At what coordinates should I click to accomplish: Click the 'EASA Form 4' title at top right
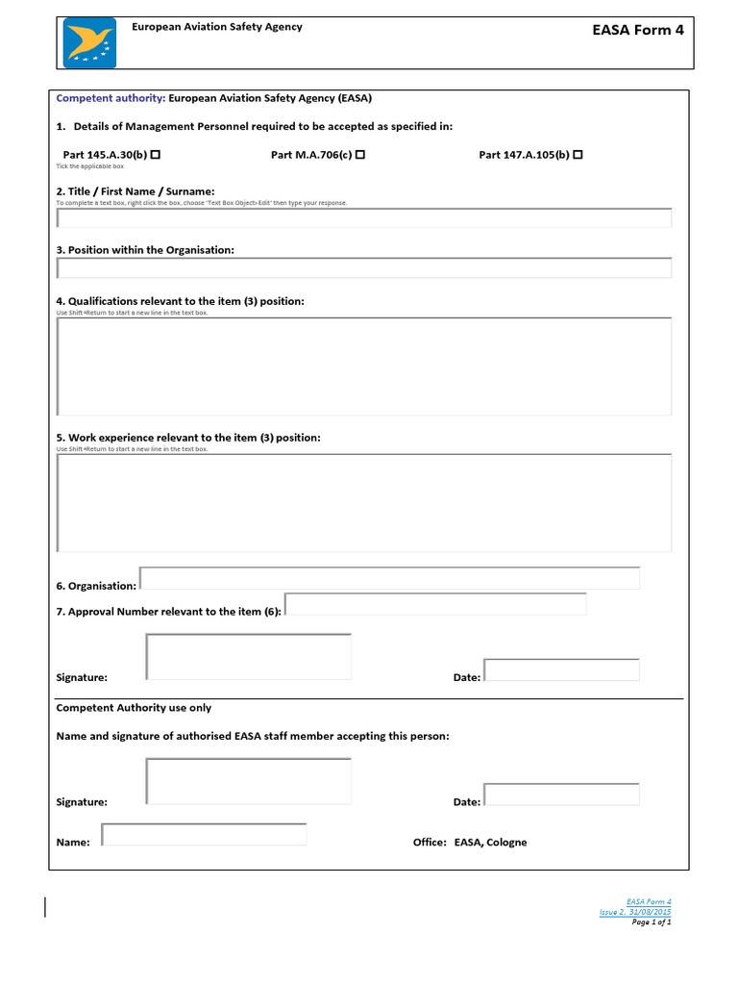point(639,30)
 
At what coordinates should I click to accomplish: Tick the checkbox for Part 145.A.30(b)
point(155,155)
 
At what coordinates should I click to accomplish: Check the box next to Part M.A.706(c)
point(359,155)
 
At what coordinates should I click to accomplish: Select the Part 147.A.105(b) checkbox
point(578,155)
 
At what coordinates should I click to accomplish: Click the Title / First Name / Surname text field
point(364,217)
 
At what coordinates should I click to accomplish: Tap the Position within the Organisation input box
point(364,267)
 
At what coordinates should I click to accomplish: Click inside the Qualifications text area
point(364,366)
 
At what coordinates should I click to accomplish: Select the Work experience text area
point(364,503)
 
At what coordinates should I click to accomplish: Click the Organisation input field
point(389,578)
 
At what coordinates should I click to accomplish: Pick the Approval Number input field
point(435,604)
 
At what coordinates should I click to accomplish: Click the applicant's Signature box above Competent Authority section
point(248,656)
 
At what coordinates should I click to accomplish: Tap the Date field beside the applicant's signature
point(561,669)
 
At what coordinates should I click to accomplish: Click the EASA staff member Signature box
point(248,780)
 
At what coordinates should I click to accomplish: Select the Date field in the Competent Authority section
point(561,795)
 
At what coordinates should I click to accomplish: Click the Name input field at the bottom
point(204,834)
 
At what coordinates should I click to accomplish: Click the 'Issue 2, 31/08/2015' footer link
point(635,912)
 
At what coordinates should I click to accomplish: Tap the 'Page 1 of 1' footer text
point(651,922)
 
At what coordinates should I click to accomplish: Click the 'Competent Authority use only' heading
point(134,708)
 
